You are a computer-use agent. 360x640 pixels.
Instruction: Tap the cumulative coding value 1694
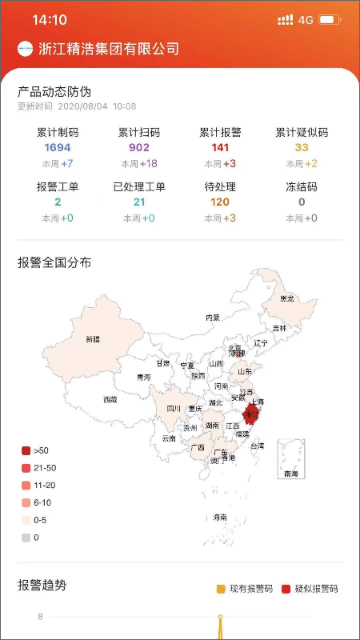(58, 148)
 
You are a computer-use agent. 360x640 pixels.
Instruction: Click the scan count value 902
(139, 148)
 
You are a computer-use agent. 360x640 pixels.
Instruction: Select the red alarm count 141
(221, 148)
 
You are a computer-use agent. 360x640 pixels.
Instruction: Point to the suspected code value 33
(302, 148)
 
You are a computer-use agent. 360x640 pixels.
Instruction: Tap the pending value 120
(220, 202)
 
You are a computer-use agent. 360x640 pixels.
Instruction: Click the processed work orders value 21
(139, 202)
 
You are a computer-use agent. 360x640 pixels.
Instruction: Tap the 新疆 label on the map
(93, 339)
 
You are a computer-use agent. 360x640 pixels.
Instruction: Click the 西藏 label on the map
(110, 399)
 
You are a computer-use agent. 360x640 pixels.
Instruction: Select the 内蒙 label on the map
(212, 318)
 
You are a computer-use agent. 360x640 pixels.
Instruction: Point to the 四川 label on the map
(174, 409)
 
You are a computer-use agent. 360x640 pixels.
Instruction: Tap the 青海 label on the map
(143, 378)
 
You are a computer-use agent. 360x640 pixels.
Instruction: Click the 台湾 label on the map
(257, 445)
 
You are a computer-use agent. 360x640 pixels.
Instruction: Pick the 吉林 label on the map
(279, 328)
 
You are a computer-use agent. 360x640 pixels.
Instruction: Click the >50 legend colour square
(26, 451)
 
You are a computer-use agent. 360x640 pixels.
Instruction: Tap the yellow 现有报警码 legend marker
(221, 589)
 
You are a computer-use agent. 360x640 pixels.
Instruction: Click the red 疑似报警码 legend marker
(286, 589)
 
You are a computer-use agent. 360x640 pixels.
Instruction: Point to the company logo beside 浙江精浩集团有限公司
(26, 49)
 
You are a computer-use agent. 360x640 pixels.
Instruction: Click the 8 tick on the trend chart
(40, 617)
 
